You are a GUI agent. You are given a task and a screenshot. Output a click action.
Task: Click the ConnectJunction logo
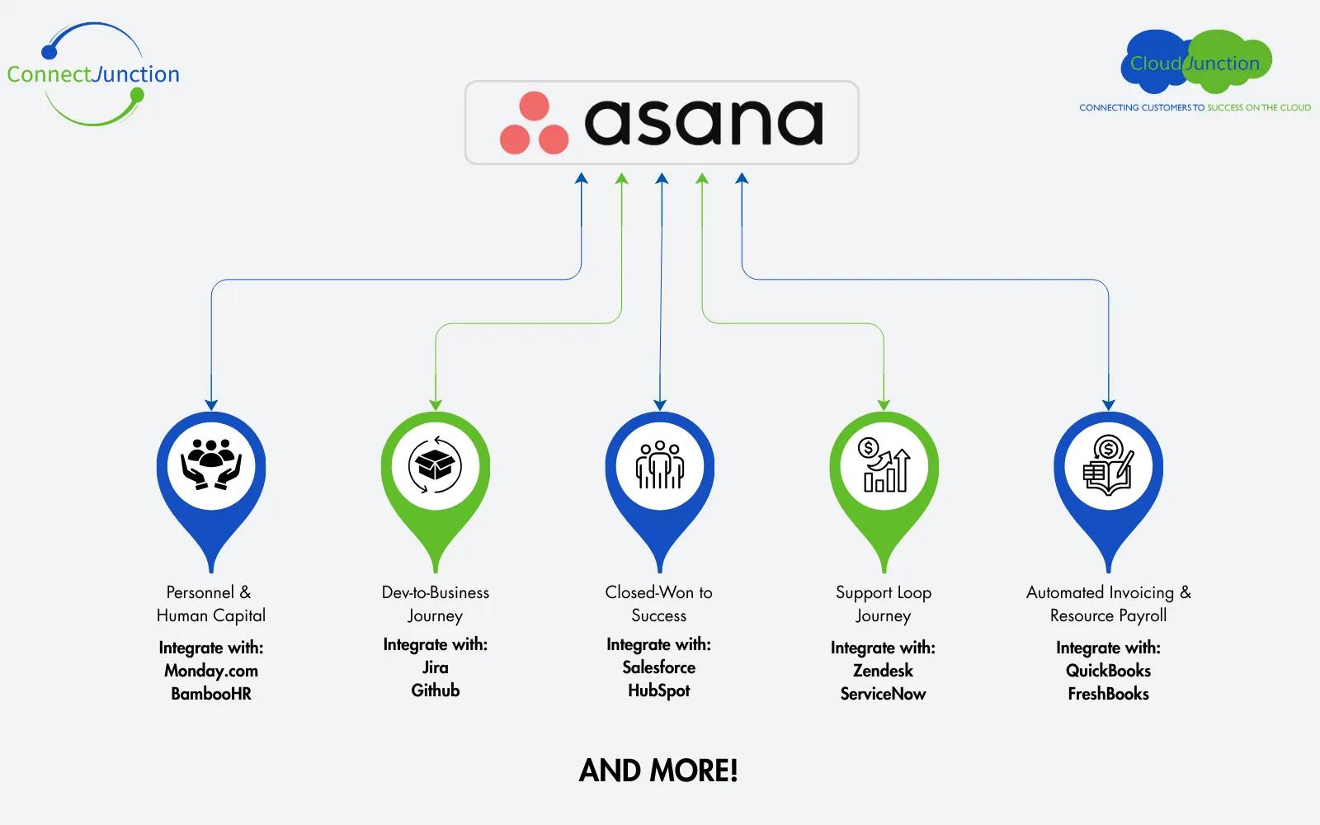click(92, 74)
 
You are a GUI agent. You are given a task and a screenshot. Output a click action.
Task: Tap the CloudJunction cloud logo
click(1195, 63)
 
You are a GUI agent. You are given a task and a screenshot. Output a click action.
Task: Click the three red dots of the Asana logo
click(534, 124)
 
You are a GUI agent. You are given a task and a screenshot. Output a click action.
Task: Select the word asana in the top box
click(704, 122)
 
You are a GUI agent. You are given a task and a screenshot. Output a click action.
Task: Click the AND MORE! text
click(658, 771)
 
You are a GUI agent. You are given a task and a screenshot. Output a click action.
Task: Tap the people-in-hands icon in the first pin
click(211, 465)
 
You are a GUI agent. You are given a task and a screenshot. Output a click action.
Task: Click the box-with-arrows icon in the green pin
click(435, 465)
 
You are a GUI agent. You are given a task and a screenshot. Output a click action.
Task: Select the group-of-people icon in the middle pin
click(659, 465)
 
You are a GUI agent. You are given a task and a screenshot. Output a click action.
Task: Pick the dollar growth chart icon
click(884, 465)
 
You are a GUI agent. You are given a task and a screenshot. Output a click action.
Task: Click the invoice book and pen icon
click(1108, 465)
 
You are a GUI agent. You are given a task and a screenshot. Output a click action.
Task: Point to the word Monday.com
click(211, 671)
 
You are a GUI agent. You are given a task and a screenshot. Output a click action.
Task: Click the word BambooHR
click(211, 694)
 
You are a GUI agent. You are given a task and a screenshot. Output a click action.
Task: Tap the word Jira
click(435, 667)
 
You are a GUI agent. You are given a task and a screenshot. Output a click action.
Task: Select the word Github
click(435, 691)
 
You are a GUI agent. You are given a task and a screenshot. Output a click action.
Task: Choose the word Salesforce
click(658, 667)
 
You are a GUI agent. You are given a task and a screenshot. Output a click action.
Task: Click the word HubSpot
click(658, 691)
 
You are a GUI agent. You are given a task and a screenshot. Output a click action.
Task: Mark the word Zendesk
click(883, 671)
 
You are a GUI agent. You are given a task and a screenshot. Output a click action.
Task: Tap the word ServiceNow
click(883, 694)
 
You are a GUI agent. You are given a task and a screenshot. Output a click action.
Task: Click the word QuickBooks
click(1108, 671)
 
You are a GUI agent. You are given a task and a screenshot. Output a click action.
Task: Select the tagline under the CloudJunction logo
click(1195, 107)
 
